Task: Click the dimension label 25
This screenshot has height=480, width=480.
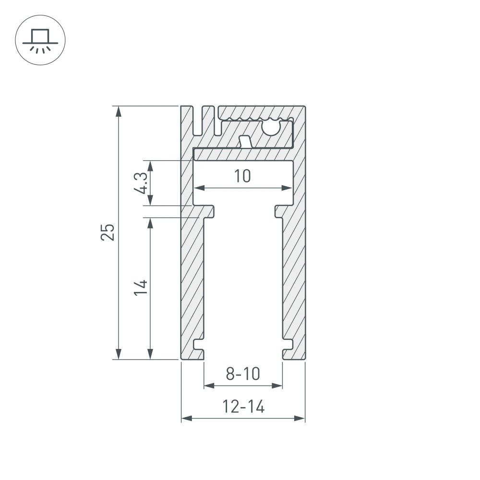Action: (108, 232)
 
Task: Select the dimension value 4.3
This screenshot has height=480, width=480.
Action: (140, 183)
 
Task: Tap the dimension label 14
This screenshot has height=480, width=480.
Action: (140, 287)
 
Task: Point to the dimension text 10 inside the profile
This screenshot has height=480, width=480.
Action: (243, 176)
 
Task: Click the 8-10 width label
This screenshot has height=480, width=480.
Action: (243, 373)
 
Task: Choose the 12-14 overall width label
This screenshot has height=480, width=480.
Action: (243, 408)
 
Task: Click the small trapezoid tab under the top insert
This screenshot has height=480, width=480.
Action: (245, 142)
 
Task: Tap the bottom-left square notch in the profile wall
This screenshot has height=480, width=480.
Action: (198, 344)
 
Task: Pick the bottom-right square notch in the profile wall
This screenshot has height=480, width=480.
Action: (288, 344)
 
